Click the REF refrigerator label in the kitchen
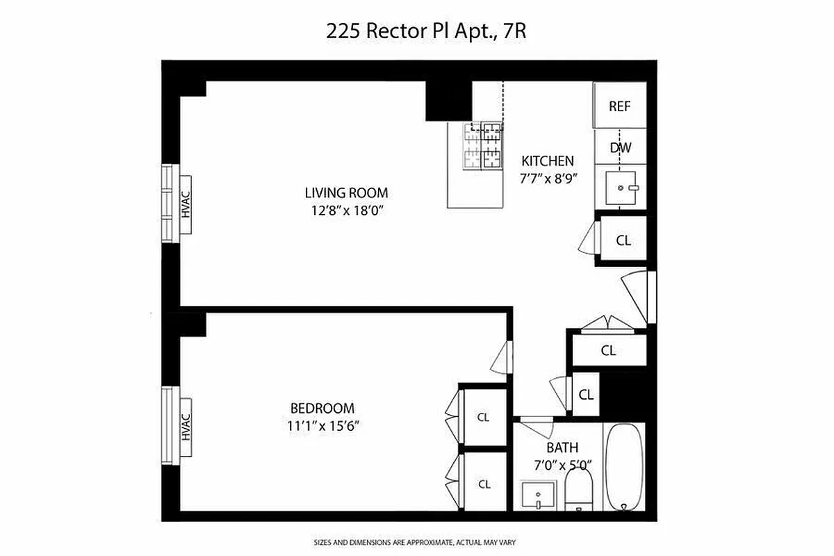(x=619, y=106)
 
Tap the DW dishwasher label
(x=620, y=147)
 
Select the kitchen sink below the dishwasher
(x=621, y=187)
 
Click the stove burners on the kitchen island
(x=484, y=146)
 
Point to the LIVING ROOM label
(x=346, y=193)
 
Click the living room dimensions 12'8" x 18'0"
(x=346, y=211)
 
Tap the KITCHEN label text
(x=548, y=161)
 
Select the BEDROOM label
(x=322, y=409)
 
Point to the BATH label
(x=562, y=448)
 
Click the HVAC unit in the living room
(x=185, y=204)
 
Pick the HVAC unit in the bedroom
(x=185, y=427)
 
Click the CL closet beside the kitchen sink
(x=623, y=240)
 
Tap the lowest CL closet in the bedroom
(x=483, y=484)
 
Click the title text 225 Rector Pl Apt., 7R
(x=416, y=32)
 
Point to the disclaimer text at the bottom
(x=416, y=541)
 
